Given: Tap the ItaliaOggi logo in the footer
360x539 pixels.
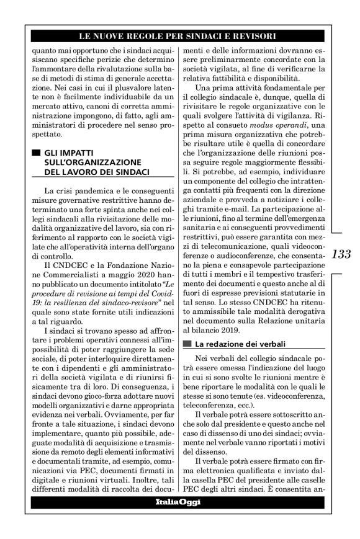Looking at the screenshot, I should click(x=178, y=502).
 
